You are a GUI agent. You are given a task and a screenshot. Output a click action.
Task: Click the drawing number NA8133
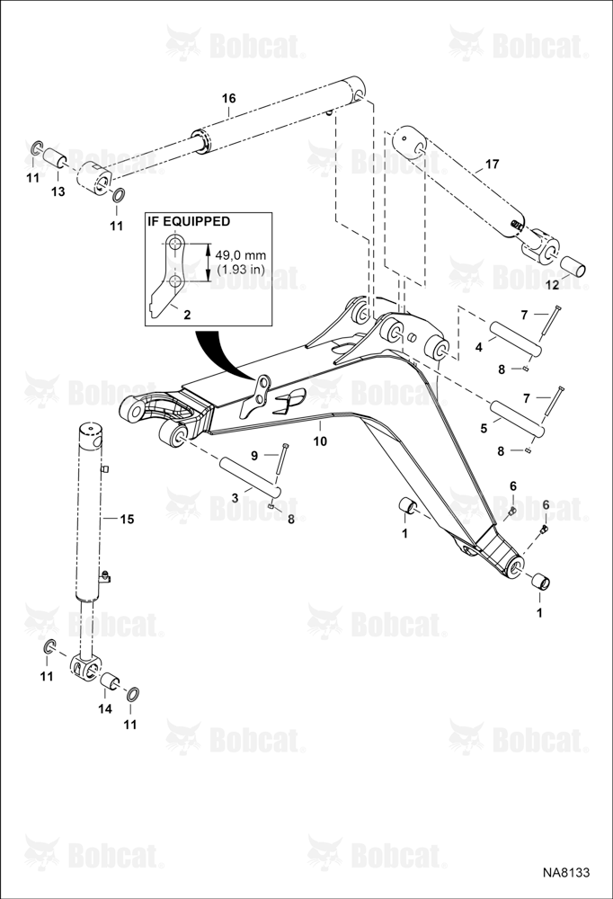click(x=566, y=872)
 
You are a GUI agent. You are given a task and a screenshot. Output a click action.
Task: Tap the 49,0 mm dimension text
click(x=241, y=254)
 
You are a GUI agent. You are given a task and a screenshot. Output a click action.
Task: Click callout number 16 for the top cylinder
click(x=229, y=99)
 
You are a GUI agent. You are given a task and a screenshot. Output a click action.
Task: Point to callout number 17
click(x=492, y=165)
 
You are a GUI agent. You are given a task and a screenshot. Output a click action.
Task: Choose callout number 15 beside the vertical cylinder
click(x=127, y=519)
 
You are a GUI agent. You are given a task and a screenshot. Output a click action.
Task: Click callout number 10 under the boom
click(x=320, y=441)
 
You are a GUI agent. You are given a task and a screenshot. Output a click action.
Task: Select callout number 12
click(x=552, y=285)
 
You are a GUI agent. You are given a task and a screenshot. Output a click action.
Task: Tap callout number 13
click(x=58, y=191)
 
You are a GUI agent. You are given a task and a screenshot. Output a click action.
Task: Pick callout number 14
click(x=104, y=708)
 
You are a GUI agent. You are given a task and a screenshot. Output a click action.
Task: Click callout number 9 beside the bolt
click(x=254, y=455)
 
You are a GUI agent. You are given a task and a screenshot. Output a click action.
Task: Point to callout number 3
click(x=235, y=498)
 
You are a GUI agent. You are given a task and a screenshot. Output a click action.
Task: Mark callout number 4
click(x=478, y=347)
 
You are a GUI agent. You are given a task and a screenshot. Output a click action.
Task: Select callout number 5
click(x=484, y=428)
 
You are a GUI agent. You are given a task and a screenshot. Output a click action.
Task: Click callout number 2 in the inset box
click(x=187, y=314)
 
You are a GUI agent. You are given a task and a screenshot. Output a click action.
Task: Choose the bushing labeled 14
click(x=110, y=682)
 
